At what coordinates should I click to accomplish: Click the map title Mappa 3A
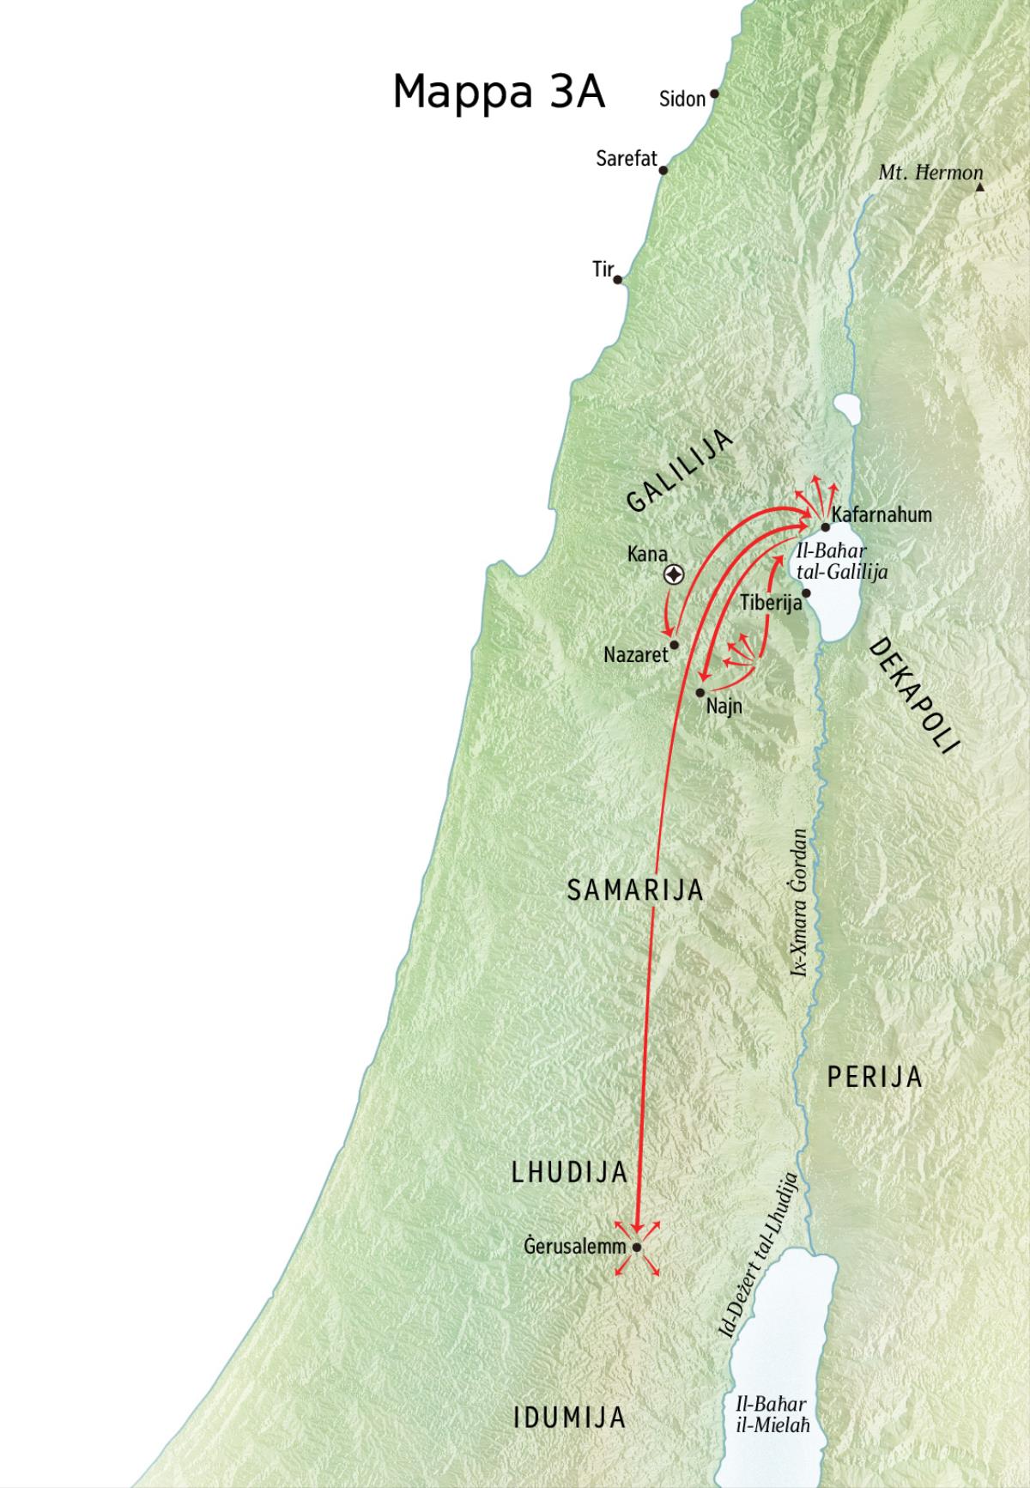click(499, 92)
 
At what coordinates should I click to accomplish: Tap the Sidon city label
click(682, 99)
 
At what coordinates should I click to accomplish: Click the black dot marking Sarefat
click(663, 170)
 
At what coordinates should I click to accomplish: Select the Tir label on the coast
click(603, 270)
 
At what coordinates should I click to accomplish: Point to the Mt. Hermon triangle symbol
click(979, 185)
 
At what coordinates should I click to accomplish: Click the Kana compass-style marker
click(675, 575)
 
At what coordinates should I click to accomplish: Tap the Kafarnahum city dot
click(825, 527)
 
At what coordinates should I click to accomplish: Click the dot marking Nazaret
click(675, 645)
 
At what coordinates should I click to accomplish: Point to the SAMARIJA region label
click(635, 890)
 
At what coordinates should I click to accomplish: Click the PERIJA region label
click(874, 1077)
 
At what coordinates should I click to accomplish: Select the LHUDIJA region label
click(570, 1173)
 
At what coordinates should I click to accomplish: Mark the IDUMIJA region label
click(569, 1418)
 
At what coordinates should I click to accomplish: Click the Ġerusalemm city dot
click(637, 1248)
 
